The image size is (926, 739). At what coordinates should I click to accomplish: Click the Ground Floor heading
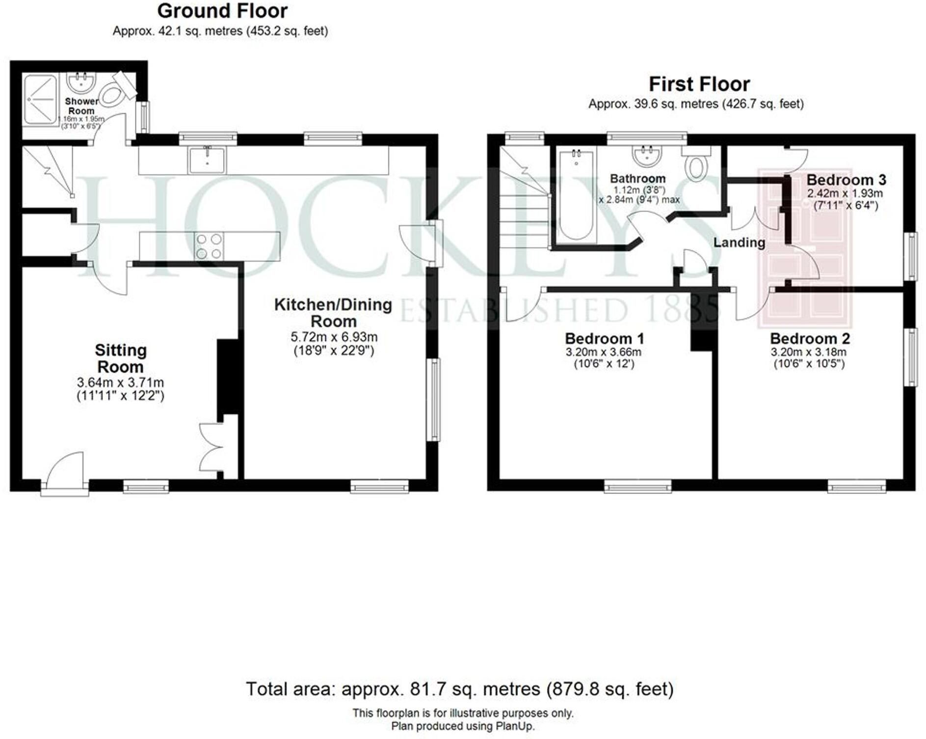[222, 11]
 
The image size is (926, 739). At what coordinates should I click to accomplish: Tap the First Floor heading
[699, 84]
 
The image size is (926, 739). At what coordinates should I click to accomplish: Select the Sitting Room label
[121, 358]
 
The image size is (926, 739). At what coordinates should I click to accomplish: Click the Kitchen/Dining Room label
[333, 313]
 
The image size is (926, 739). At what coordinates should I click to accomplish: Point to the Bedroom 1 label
[604, 338]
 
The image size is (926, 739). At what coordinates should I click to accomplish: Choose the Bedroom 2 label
[810, 338]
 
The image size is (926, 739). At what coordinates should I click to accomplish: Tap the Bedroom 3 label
[846, 180]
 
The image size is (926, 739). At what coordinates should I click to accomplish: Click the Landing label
[739, 242]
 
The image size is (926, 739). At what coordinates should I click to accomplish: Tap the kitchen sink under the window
[207, 160]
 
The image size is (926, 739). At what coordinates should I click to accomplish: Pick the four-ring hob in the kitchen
[209, 246]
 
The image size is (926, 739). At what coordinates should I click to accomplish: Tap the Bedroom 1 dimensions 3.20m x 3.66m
[604, 352]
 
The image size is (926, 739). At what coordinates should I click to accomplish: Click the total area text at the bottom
[460, 689]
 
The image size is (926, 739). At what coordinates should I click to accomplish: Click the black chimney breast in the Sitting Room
[228, 377]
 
